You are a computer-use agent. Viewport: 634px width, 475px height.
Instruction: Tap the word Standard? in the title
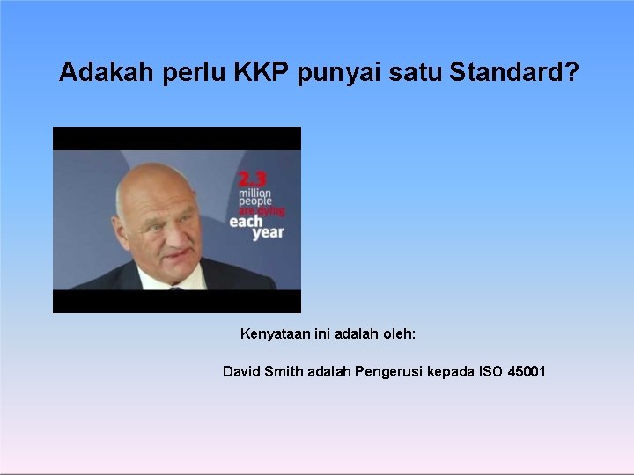click(x=514, y=72)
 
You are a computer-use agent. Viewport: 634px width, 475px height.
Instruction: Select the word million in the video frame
click(x=254, y=193)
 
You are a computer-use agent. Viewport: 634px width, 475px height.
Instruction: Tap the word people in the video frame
click(x=254, y=201)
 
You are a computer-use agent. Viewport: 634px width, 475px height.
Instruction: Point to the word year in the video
click(x=268, y=233)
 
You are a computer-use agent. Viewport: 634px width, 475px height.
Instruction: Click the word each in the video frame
click(x=247, y=222)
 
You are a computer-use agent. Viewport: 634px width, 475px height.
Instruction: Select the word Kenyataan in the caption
click(x=274, y=335)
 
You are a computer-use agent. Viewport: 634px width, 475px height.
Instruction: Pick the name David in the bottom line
click(x=241, y=372)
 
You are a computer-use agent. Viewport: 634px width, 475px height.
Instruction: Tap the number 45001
click(x=527, y=372)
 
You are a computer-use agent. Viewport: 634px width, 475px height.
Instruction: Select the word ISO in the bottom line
click(x=490, y=372)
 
